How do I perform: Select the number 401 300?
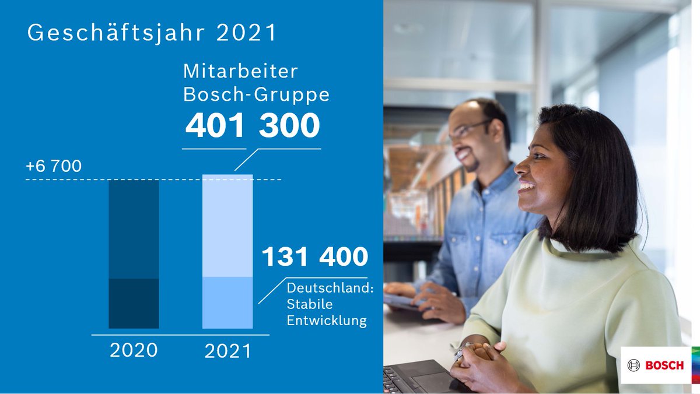(252, 126)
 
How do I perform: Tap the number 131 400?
(314, 257)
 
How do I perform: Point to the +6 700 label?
(53, 167)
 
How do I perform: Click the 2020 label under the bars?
(134, 350)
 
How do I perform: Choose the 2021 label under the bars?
(228, 351)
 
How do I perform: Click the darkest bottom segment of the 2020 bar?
(134, 303)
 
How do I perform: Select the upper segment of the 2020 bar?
(134, 229)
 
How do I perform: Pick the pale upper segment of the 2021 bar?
(228, 226)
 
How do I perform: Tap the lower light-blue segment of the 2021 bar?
(228, 302)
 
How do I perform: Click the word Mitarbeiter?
(240, 72)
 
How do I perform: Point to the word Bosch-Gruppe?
(256, 94)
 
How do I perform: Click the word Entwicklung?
(327, 321)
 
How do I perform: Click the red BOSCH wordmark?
(664, 365)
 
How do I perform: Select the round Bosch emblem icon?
(633, 365)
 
